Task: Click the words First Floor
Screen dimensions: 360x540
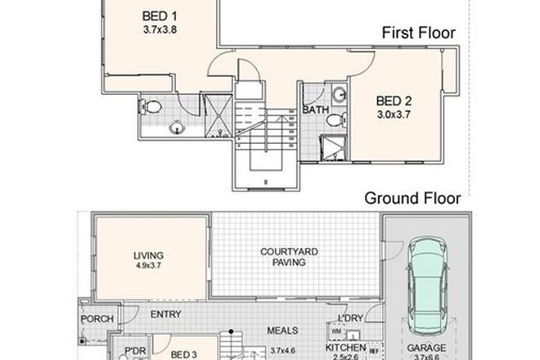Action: tap(418, 34)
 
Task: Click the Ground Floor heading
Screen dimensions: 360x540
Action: tap(412, 196)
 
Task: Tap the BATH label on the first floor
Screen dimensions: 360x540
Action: tap(315, 109)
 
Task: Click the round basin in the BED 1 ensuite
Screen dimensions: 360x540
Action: tap(175, 127)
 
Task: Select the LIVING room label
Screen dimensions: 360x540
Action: tap(148, 255)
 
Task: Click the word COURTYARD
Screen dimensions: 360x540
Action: tap(284, 252)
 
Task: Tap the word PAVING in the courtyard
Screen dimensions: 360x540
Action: tap(284, 263)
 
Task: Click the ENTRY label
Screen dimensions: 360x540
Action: tap(166, 313)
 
